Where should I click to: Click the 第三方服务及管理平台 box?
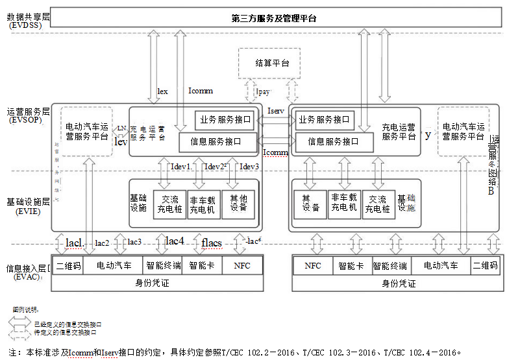pos(274,18)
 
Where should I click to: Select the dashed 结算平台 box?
pos(273,63)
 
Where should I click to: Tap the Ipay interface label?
pos(263,92)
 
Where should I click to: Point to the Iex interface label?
pos(163,91)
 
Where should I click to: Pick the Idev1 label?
pos(180,167)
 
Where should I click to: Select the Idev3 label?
pos(250,167)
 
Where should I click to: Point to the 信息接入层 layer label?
pos(26,267)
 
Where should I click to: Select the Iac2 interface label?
pos(102,243)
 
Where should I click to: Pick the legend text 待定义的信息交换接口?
pos(65,332)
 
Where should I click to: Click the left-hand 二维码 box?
pos(68,265)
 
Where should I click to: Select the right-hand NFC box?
pos(312,265)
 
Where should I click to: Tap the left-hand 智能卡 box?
pos(201,265)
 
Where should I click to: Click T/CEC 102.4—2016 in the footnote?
pos(423,352)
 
